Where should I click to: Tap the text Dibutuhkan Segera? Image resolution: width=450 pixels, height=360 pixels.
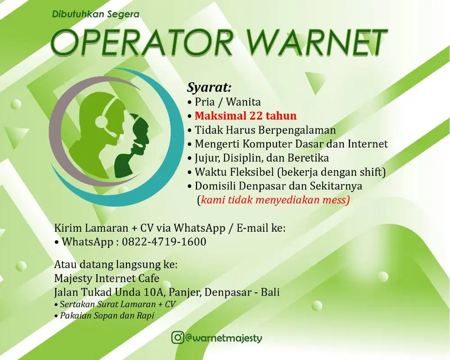[96, 14]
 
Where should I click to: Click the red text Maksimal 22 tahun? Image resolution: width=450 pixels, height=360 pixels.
[246, 116]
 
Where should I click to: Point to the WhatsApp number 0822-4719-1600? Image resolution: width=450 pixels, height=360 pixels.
[164, 242]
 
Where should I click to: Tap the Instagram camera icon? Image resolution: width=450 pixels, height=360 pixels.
[178, 337]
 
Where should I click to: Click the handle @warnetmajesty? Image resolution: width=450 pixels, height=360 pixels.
[224, 337]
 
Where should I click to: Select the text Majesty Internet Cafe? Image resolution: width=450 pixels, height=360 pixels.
[107, 278]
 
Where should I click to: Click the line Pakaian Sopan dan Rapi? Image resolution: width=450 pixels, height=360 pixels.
[107, 315]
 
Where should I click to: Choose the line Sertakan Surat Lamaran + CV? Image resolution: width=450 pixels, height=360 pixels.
[118, 304]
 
